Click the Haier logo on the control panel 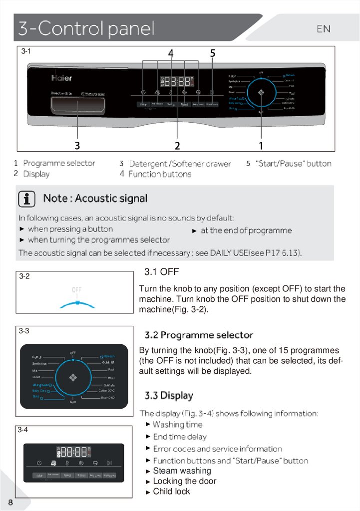(61, 78)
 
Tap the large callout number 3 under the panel (77, 145)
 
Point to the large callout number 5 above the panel (213, 53)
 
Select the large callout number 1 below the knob (261, 145)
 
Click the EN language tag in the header (324, 29)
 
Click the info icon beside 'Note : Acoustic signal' (27, 199)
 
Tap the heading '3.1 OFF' (161, 272)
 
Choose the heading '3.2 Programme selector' (199, 335)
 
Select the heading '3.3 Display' (169, 396)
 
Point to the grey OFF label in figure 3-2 (76, 289)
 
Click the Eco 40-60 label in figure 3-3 (107, 398)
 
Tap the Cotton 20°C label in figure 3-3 (106, 391)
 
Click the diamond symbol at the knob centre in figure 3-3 (73, 377)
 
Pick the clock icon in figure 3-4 (39, 463)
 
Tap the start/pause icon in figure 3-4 (109, 463)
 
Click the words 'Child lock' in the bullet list (171, 492)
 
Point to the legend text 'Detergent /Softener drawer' (180, 164)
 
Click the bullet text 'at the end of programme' (246, 231)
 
